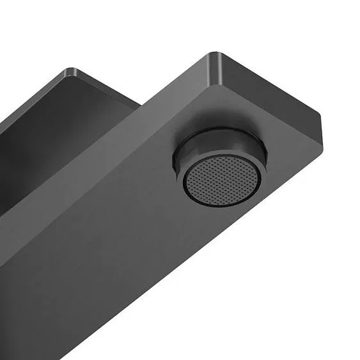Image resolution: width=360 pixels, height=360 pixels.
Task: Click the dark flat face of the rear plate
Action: (x=38, y=147)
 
